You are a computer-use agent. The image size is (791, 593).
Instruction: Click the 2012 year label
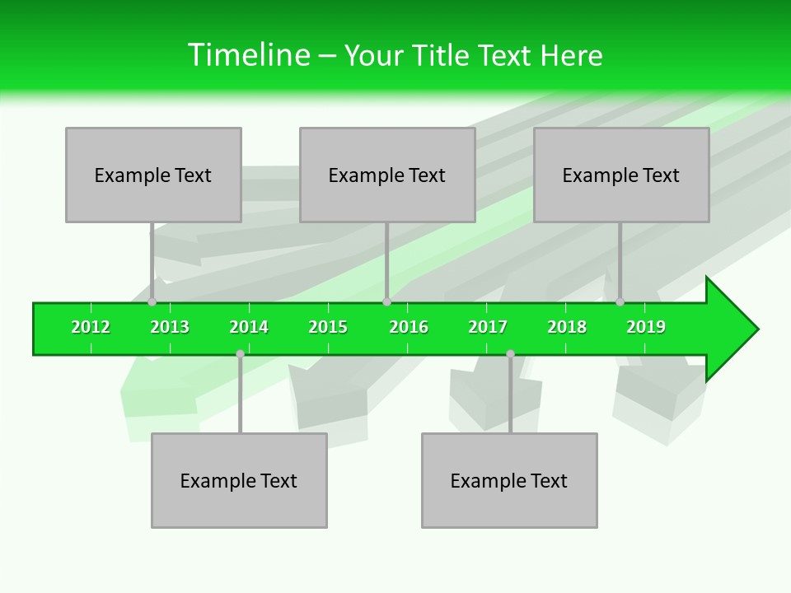[x=91, y=327]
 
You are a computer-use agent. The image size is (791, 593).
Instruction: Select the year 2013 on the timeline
[x=170, y=327]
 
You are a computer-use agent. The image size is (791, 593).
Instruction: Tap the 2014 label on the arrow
[x=249, y=327]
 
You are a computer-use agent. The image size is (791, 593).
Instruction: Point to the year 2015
[x=328, y=327]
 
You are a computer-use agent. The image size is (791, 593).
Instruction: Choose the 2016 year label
[x=409, y=327]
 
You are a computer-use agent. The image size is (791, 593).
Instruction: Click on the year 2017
[x=488, y=327]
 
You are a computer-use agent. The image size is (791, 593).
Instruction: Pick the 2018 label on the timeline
[x=567, y=327]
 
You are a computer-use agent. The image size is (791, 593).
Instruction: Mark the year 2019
[x=646, y=327]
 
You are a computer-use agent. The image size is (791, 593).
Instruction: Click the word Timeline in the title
[x=247, y=55]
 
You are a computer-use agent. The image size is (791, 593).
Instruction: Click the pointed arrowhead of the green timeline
[x=733, y=329]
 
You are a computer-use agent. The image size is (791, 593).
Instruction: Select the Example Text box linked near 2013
[x=153, y=175]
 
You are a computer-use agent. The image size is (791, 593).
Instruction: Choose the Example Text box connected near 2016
[x=387, y=175]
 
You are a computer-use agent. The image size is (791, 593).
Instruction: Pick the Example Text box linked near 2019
[x=621, y=175]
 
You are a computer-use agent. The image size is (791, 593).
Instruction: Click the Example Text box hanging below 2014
[x=239, y=480]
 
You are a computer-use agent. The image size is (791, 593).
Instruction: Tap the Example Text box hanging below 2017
[x=509, y=480]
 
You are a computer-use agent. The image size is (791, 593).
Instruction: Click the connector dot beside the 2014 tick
[x=240, y=354]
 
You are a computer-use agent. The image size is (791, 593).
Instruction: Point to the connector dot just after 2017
[x=510, y=354]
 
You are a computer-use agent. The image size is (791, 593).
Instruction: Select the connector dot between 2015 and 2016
[x=386, y=302]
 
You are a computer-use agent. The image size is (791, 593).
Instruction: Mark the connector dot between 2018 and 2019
[x=620, y=302]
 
